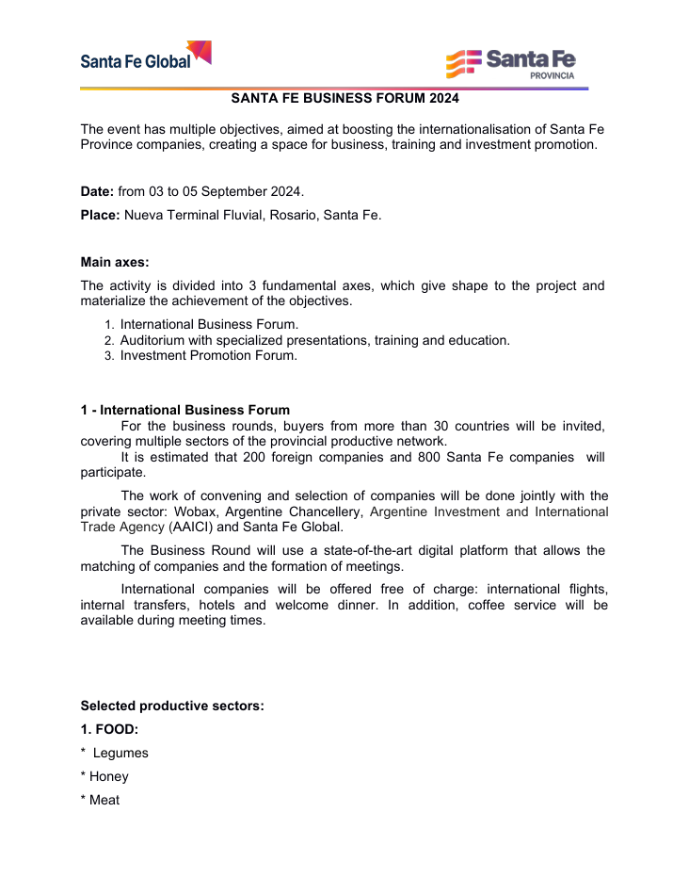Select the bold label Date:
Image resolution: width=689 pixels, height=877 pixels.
tap(97, 191)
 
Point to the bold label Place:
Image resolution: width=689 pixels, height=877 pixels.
tap(100, 215)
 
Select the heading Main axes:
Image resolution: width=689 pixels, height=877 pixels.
tap(115, 262)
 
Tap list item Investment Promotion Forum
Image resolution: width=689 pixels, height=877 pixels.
tap(208, 355)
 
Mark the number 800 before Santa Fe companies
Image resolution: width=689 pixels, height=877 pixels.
tap(428, 457)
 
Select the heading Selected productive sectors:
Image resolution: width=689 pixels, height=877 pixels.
tap(172, 706)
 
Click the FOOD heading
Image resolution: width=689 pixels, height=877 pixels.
tap(109, 729)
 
